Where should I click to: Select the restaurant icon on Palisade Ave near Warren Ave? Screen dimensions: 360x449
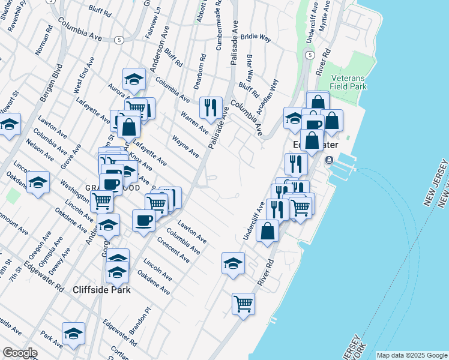[x=211, y=108]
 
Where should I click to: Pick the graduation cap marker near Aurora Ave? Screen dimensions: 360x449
[x=134, y=79]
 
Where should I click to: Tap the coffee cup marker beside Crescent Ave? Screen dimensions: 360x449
[x=143, y=220]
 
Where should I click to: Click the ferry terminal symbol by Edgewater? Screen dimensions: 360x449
[x=329, y=160]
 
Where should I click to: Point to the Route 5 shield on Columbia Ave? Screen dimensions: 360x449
[x=119, y=40]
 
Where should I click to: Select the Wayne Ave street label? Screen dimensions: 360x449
[x=185, y=147]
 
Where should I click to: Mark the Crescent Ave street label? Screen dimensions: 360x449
[x=173, y=250]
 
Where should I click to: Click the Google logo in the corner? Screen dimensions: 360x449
[x=19, y=353]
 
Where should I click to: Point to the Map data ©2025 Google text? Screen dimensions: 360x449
[x=411, y=355]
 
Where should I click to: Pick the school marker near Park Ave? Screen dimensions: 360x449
[x=73, y=334]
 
